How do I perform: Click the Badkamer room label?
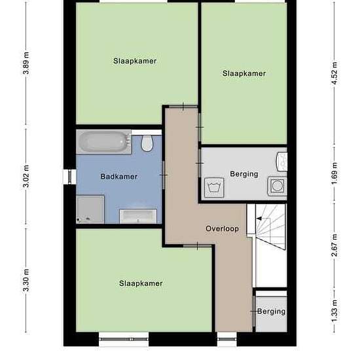click(119, 177)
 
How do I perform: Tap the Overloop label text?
click(222, 228)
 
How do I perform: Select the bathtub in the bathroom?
click(104, 142)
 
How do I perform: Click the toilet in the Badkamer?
click(147, 143)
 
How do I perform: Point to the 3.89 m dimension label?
click(26, 63)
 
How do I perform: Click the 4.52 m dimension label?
click(334, 73)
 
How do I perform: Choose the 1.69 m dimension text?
click(334, 173)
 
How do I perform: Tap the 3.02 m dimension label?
click(26, 176)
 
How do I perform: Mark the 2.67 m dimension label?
click(334, 245)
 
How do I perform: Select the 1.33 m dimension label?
click(334, 311)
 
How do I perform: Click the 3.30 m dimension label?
click(26, 280)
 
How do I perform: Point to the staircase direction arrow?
click(259, 219)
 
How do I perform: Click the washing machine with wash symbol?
click(214, 188)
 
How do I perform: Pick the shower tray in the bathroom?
click(90, 209)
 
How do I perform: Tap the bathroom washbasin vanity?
click(138, 216)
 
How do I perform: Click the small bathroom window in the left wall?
click(69, 177)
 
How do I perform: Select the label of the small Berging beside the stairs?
click(271, 312)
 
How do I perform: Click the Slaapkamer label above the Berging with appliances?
click(244, 73)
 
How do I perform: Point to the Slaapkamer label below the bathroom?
click(141, 283)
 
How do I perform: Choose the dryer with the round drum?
click(278, 186)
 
